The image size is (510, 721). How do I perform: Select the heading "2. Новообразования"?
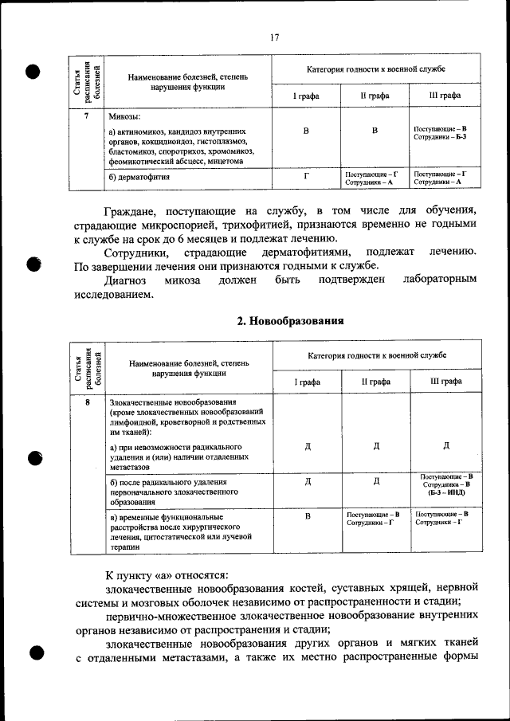(291, 321)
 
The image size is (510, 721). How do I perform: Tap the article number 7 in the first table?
(86, 116)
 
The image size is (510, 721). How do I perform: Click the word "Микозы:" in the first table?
(125, 116)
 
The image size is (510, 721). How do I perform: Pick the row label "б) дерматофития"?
(139, 178)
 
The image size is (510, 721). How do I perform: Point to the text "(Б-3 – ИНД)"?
(445, 493)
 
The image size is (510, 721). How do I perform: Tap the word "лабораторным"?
(440, 280)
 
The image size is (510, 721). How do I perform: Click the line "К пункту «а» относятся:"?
(167, 574)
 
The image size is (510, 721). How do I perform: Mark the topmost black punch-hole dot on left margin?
(33, 70)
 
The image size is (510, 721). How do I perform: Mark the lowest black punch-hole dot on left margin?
(33, 652)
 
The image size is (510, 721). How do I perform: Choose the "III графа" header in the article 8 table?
(445, 382)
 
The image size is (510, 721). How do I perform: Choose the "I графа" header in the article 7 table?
(307, 95)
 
